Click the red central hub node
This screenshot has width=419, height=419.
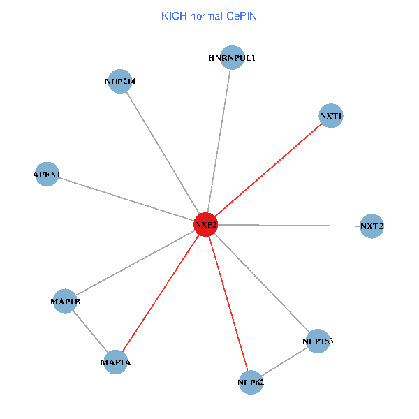(205, 225)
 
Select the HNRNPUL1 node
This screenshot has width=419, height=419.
(232, 58)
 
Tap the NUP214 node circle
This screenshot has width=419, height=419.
(120, 81)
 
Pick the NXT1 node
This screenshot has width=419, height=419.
(331, 115)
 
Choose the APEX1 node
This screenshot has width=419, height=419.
(47, 173)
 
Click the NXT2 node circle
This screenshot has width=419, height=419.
(372, 226)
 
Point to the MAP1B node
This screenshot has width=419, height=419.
(66, 301)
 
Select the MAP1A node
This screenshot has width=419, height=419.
(115, 362)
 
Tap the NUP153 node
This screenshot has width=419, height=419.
(318, 341)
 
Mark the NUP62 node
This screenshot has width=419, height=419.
(251, 382)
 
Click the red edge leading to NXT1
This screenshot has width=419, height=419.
(268, 170)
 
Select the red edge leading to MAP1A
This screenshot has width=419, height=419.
(161, 293)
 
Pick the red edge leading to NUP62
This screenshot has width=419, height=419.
(228, 303)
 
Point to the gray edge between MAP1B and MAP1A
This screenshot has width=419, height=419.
(90, 332)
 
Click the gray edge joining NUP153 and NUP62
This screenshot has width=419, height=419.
(284, 362)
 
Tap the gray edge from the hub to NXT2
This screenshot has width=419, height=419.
(288, 226)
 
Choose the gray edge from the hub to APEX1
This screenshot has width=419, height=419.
(126, 199)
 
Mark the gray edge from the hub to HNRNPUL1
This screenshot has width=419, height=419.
(219, 141)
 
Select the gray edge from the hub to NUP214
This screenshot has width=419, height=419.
(163, 153)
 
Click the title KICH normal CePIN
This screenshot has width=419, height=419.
(209, 15)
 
